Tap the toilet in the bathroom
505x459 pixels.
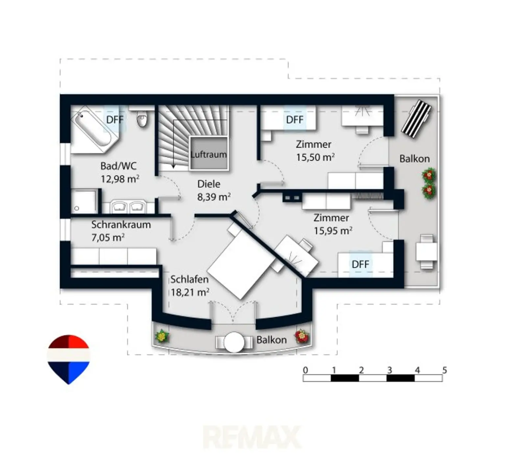pos(142,118)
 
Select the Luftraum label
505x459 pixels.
pos(209,154)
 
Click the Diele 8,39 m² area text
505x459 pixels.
pos(214,190)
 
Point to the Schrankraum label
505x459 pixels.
pos(121,225)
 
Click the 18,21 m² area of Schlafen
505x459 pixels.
pos(190,292)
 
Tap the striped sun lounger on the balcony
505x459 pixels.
pos(416,118)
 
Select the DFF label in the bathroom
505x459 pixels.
pos(115,119)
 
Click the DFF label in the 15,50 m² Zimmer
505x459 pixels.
pos(295,119)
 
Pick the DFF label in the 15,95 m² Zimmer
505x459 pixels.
pos(360,264)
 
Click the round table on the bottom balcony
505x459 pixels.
pos(234,342)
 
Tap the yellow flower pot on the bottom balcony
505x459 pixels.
pos(162,336)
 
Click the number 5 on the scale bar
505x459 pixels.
pos(445,370)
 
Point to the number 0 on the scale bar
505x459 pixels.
pos(305,370)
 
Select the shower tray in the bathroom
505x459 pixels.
pos(84,201)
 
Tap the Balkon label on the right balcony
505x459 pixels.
pos(414,159)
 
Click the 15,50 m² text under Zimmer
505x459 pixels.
pos(315,157)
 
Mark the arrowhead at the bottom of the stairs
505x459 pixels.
pos(173,166)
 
